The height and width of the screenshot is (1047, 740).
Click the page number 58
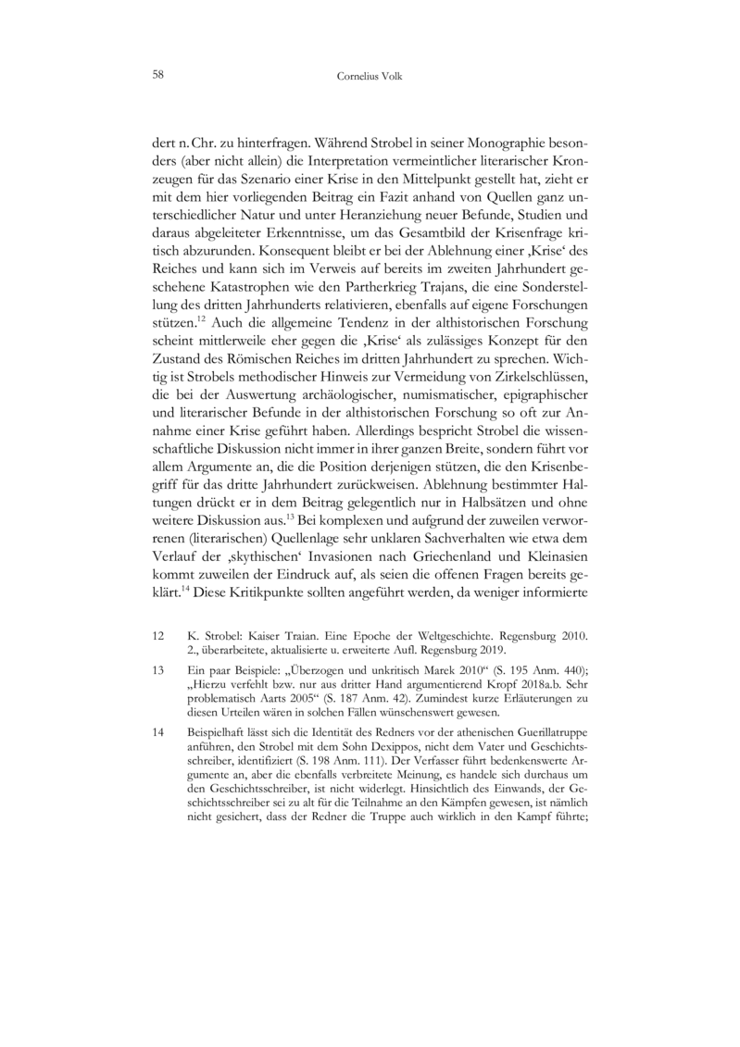point(158,74)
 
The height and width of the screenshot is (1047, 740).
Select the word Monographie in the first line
point(493,145)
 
